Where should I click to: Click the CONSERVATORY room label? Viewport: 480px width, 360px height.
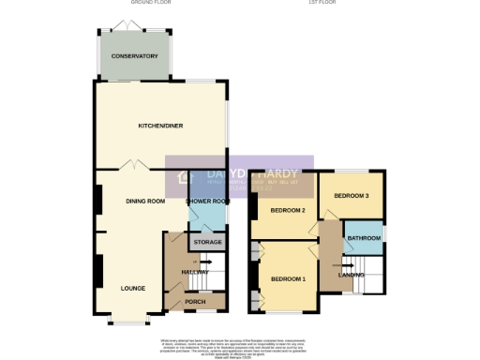pos(134,57)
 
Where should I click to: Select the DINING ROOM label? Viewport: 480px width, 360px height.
pos(145,201)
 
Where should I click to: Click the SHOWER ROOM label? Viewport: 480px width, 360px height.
pos(207,201)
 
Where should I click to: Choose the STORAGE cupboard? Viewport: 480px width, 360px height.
pos(207,243)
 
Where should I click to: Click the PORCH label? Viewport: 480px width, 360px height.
pos(195,301)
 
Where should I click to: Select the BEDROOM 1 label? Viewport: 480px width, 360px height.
pos(289,279)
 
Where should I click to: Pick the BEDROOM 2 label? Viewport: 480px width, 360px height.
pos(289,210)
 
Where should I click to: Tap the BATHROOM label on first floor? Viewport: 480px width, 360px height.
pos(363,238)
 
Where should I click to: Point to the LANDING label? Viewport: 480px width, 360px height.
pos(352,274)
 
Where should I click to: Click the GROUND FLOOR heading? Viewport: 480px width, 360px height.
pos(135,5)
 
